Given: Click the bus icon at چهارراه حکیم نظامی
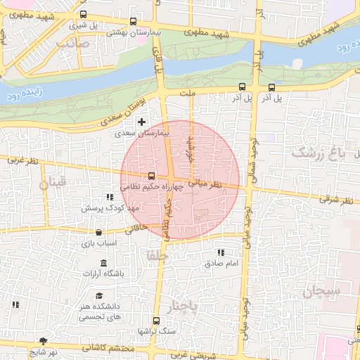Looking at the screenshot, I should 152,176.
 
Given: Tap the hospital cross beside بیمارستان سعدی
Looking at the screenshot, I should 143,122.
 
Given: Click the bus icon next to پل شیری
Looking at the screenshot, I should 84,14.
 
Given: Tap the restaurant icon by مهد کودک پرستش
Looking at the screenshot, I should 108,198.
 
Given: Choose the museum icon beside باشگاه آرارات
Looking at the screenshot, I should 104,263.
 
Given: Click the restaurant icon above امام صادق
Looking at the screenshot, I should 221,252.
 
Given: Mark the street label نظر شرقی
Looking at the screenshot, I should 337,200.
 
